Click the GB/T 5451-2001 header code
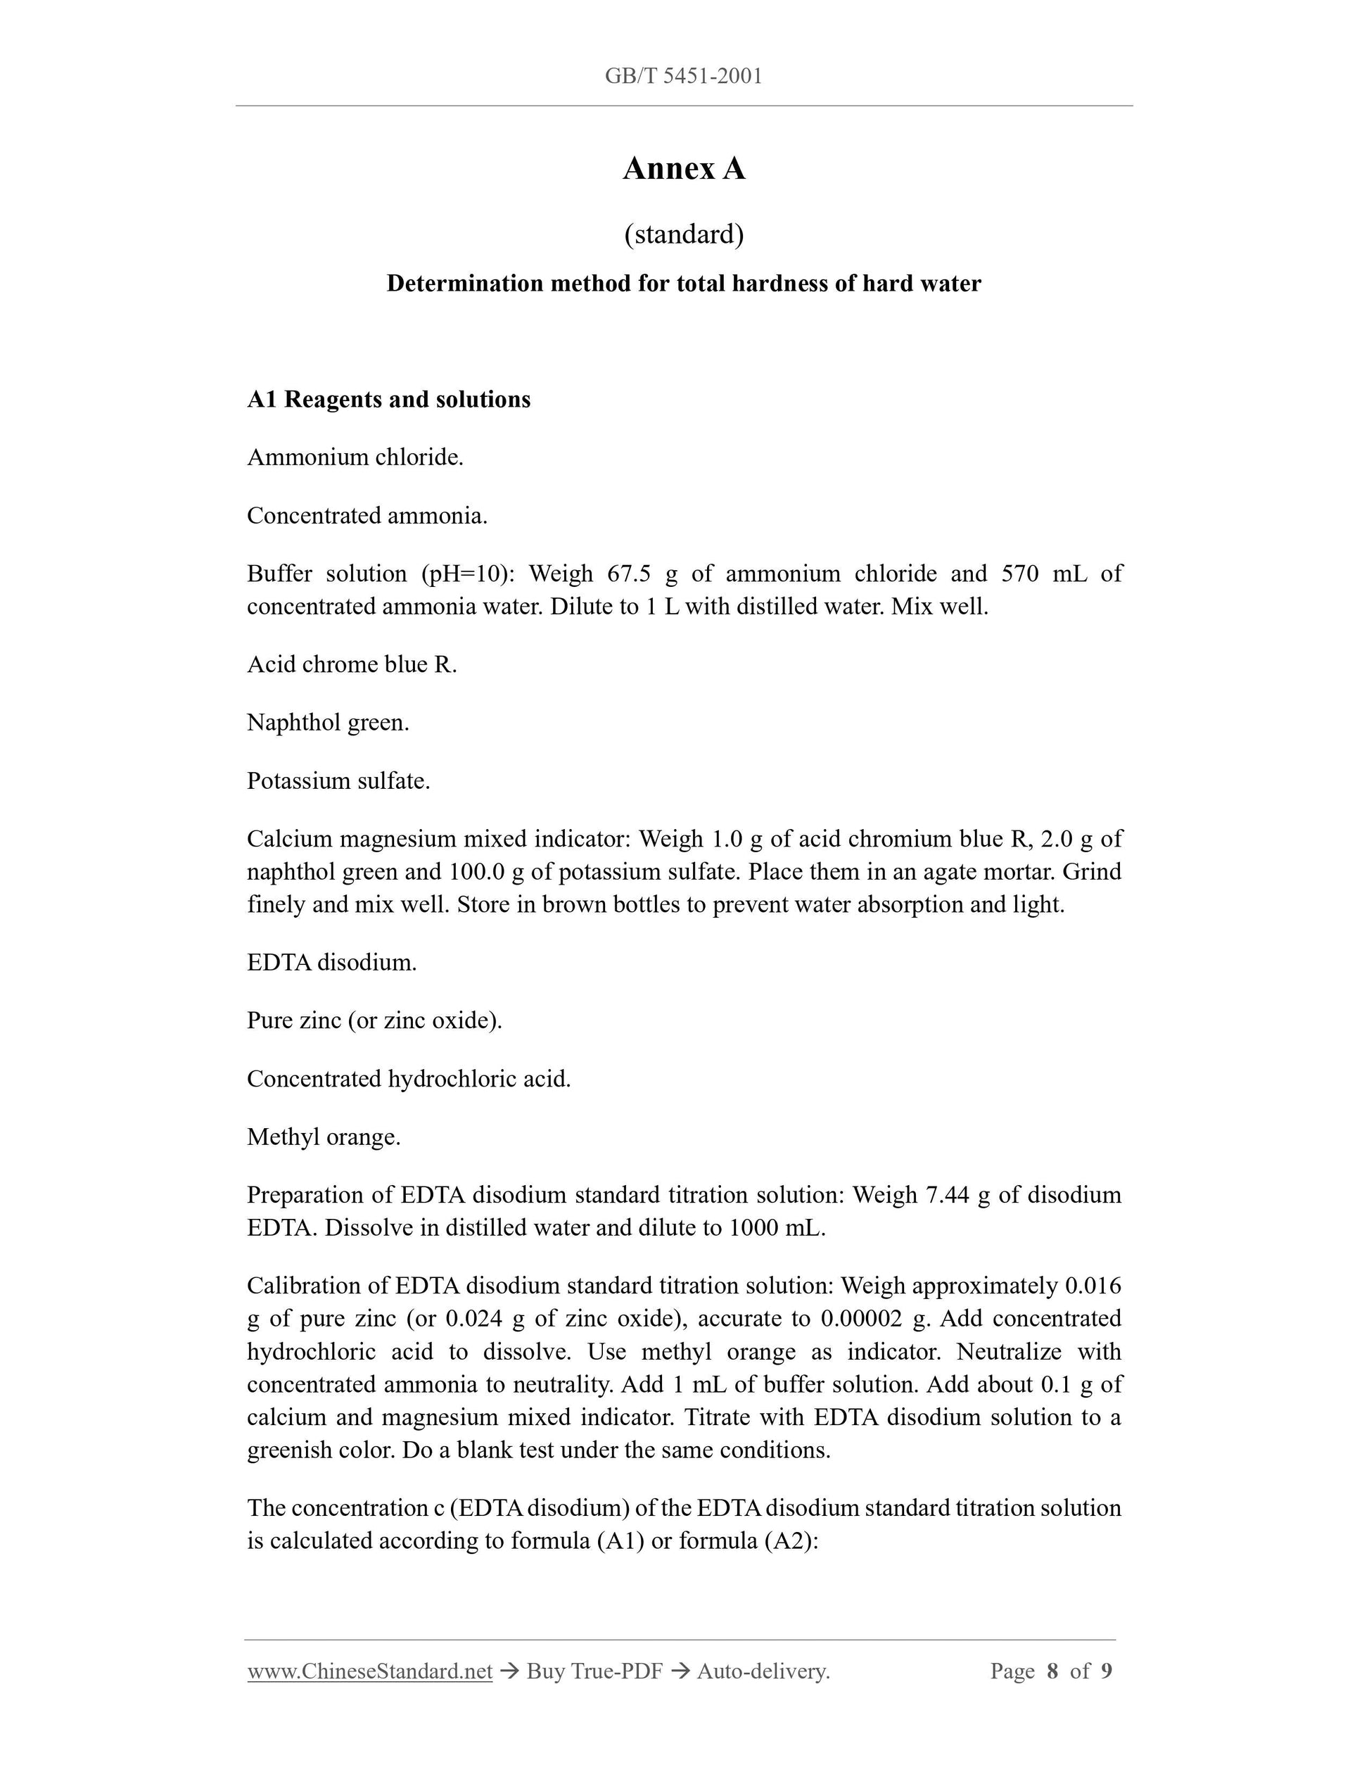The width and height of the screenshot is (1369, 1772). click(683, 76)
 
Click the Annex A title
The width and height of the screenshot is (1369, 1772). click(684, 169)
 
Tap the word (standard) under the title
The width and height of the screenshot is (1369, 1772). click(684, 234)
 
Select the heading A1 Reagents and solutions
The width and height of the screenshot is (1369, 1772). click(388, 399)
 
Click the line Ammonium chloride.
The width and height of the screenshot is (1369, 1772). click(355, 457)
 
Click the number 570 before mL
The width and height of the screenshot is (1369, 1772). click(1019, 574)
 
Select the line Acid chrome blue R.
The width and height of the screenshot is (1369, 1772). click(352, 664)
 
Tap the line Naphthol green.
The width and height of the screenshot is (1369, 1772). click(328, 723)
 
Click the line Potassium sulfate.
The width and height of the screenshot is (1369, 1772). click(338, 781)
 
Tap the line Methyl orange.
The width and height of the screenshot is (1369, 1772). click(324, 1137)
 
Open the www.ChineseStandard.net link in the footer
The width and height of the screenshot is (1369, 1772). click(370, 1671)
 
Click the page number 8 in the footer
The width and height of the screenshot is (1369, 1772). click(1052, 1671)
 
